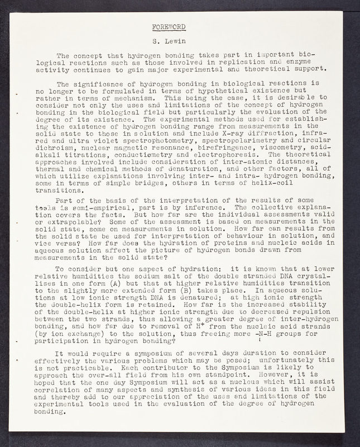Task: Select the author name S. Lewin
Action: click(170, 41)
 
